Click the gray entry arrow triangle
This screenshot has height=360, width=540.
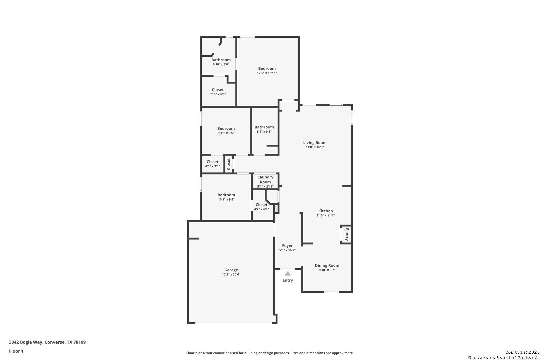(x=288, y=273)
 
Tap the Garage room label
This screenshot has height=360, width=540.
(x=231, y=270)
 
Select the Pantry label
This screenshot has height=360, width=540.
(x=347, y=234)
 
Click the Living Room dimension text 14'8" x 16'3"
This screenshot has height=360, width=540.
(x=315, y=147)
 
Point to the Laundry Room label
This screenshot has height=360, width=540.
(x=265, y=180)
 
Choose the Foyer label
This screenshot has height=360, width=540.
(x=287, y=246)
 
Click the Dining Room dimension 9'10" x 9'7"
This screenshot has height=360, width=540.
(x=327, y=270)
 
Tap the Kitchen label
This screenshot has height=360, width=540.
(x=325, y=211)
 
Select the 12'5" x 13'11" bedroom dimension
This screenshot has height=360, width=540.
(x=267, y=73)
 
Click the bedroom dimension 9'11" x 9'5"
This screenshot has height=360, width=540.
(x=226, y=133)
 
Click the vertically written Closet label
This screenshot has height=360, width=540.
(x=229, y=164)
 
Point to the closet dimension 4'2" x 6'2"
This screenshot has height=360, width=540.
(x=262, y=209)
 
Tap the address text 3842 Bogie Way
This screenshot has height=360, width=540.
(x=26, y=342)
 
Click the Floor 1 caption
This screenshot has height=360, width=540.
(x=16, y=351)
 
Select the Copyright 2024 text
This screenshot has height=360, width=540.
(x=522, y=352)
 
